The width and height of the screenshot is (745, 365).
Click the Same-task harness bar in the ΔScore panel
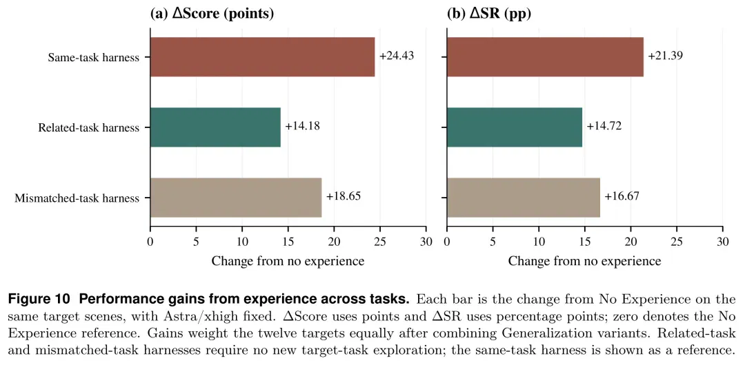tap(262, 57)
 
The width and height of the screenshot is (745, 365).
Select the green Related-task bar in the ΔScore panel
tap(215, 127)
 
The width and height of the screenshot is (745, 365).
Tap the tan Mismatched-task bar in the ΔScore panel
tap(236, 198)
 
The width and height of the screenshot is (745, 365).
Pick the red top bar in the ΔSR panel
tap(545, 57)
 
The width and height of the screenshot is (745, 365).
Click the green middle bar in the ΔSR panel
tap(515, 127)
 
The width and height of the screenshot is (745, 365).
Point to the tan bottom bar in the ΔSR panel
tap(524, 198)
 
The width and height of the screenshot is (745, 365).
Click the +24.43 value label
tap(397, 56)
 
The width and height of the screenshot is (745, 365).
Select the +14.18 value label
tap(303, 126)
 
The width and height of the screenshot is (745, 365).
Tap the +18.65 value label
tap(344, 196)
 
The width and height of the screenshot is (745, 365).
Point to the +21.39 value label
tap(666, 56)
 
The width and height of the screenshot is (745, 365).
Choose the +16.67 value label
tap(622, 196)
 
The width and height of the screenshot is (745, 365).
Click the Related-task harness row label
tap(89, 127)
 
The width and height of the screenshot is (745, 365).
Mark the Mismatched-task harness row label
tap(77, 198)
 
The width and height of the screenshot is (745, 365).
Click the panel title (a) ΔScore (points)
tap(212, 14)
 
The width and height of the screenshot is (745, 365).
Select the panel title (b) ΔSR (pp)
tap(489, 14)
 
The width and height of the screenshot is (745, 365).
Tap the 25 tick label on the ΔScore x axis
tap(381, 242)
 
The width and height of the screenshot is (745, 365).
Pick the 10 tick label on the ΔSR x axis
tap(539, 242)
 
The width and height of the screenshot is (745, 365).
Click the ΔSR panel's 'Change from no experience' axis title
tap(584, 261)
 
